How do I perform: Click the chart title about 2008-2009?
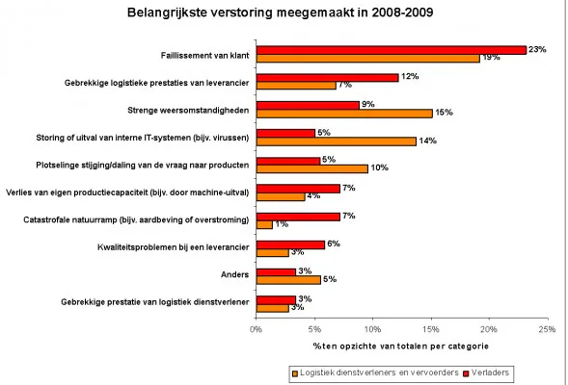coord(285,13)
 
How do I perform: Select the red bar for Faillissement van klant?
coord(391,49)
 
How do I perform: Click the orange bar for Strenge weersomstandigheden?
coord(344,113)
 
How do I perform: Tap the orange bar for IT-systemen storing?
coord(338,141)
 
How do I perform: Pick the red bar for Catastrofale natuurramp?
coord(298,217)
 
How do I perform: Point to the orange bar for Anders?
coord(288,279)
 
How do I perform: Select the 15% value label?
coord(445,113)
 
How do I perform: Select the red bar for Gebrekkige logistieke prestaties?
coord(327,77)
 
